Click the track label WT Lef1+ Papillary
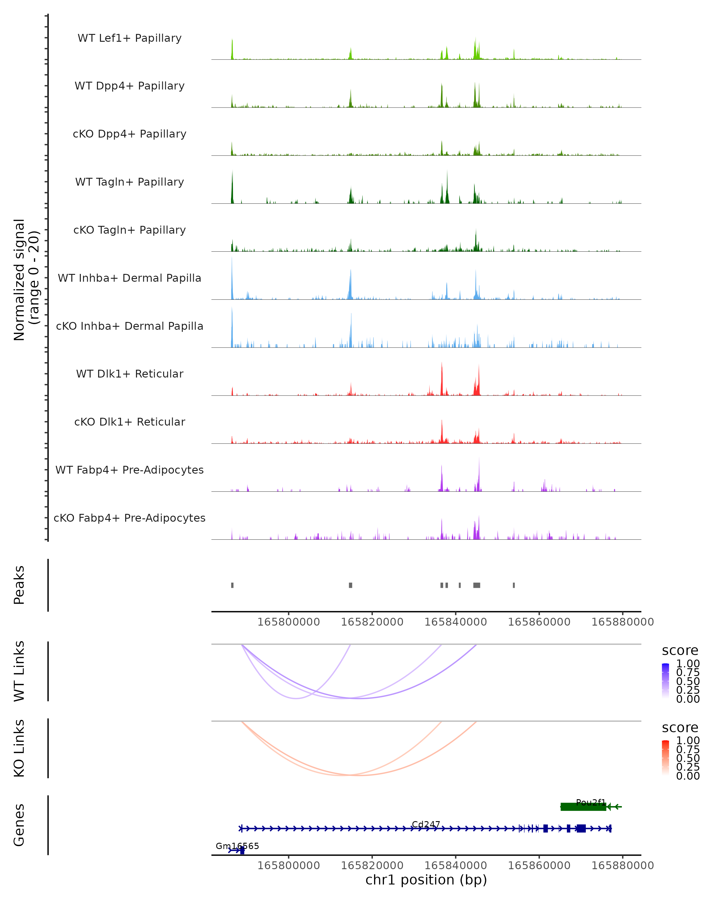pyautogui.click(x=129, y=38)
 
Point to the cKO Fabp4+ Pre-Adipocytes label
pyautogui.click(x=129, y=518)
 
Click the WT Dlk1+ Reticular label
pyautogui.click(x=129, y=374)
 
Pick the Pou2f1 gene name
pyautogui.click(x=591, y=802)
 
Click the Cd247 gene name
pyautogui.click(x=425, y=824)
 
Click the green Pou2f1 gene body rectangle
pyautogui.click(x=583, y=807)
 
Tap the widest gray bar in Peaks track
pyautogui.click(x=476, y=585)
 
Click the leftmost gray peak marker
pyautogui.click(x=233, y=585)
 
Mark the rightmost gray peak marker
pyautogui.click(x=514, y=585)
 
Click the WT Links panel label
pyautogui.click(x=19, y=671)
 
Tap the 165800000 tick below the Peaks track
pyautogui.click(x=288, y=622)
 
